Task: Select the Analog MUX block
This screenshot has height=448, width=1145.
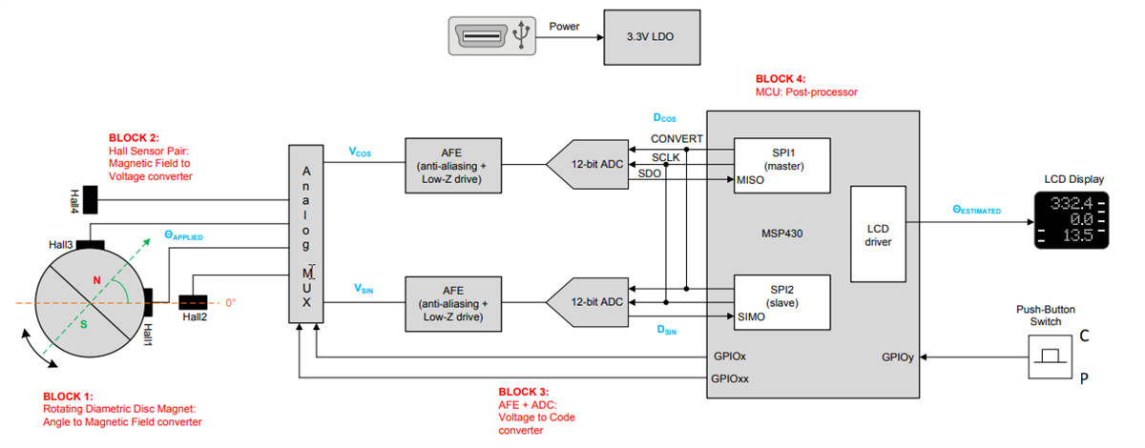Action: (305, 234)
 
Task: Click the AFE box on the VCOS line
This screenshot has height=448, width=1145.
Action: (452, 164)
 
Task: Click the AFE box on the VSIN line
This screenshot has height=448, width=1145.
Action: (452, 302)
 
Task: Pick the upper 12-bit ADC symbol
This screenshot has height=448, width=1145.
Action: (590, 164)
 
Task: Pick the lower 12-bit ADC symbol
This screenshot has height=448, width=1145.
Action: (590, 302)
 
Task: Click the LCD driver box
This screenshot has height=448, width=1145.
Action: (877, 234)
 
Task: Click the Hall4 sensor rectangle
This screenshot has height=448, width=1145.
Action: (93, 199)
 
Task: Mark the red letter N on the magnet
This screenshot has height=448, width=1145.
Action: (95, 279)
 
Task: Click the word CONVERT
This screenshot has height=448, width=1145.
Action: (677, 138)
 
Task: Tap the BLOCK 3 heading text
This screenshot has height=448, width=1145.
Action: (524, 392)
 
